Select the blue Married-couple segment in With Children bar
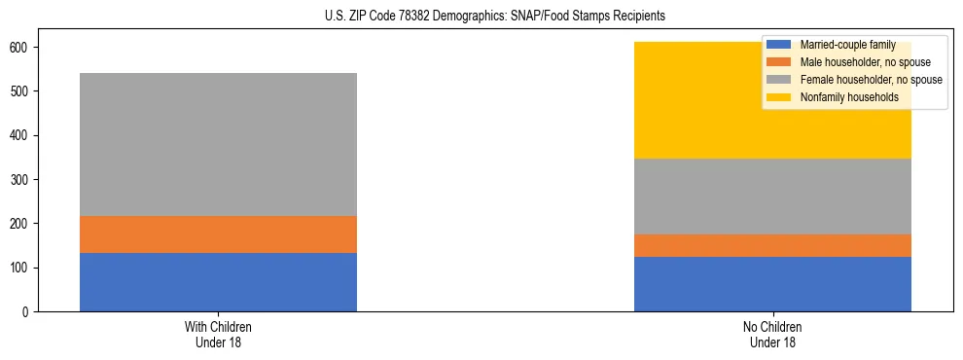[x=218, y=282]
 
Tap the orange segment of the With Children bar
[x=218, y=234]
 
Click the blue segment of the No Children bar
[x=772, y=284]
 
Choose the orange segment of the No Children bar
[x=772, y=245]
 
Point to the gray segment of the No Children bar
[x=772, y=197]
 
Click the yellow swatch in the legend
[x=779, y=97]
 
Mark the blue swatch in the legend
[x=779, y=45]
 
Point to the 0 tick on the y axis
[x=30, y=311]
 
